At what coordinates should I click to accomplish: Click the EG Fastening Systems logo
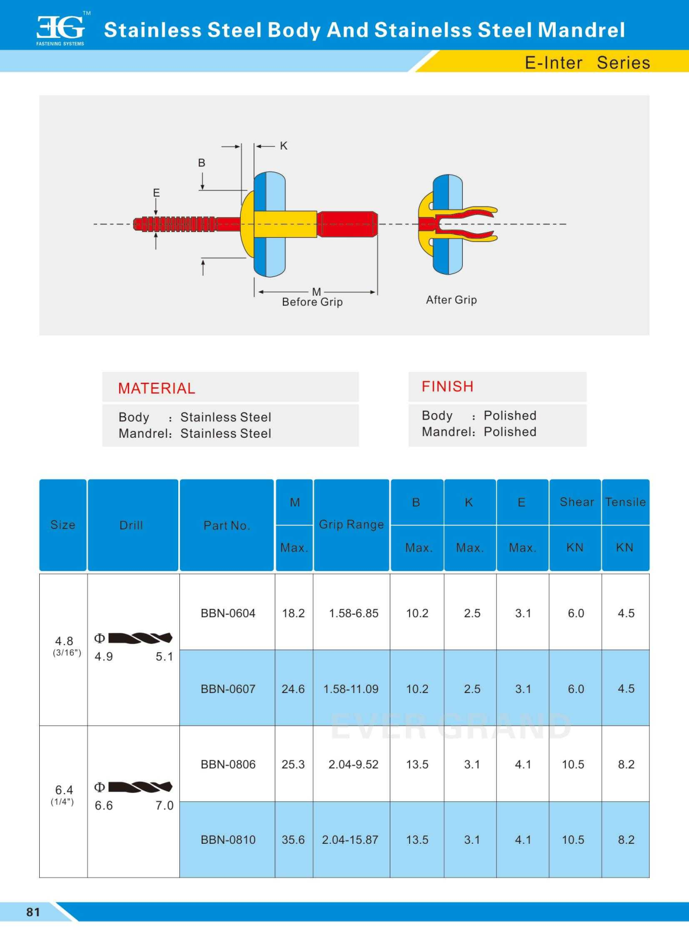click(x=61, y=29)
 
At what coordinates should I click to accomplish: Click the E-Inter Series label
click(x=587, y=63)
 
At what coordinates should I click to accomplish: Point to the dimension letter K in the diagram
click(x=283, y=146)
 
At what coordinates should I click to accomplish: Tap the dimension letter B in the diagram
click(x=202, y=163)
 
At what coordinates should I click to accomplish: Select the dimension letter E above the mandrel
click(x=156, y=193)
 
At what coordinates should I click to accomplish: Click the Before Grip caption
click(x=312, y=302)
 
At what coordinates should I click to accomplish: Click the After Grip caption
click(x=451, y=300)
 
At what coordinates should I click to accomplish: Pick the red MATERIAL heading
click(x=157, y=389)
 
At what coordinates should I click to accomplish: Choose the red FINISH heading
click(x=448, y=387)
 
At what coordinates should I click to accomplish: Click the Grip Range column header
click(x=351, y=525)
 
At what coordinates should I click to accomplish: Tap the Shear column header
click(x=576, y=502)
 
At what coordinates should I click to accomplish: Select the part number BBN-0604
click(x=228, y=613)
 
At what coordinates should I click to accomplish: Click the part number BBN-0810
click(x=228, y=840)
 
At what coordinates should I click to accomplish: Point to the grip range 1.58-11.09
click(x=351, y=689)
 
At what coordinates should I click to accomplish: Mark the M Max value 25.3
click(x=293, y=764)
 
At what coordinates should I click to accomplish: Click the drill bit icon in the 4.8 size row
click(x=140, y=638)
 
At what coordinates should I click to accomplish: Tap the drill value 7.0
click(x=164, y=806)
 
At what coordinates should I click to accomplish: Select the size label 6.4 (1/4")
click(x=64, y=794)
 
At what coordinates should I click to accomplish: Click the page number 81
click(x=33, y=912)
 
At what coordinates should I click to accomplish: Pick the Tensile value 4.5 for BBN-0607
click(x=626, y=689)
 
